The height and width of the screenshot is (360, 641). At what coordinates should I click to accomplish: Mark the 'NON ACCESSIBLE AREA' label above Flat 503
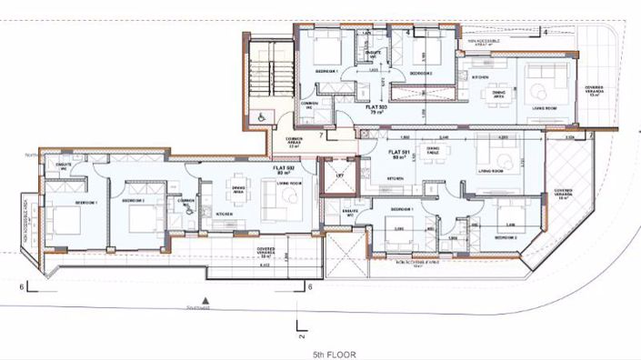(x=488, y=41)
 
